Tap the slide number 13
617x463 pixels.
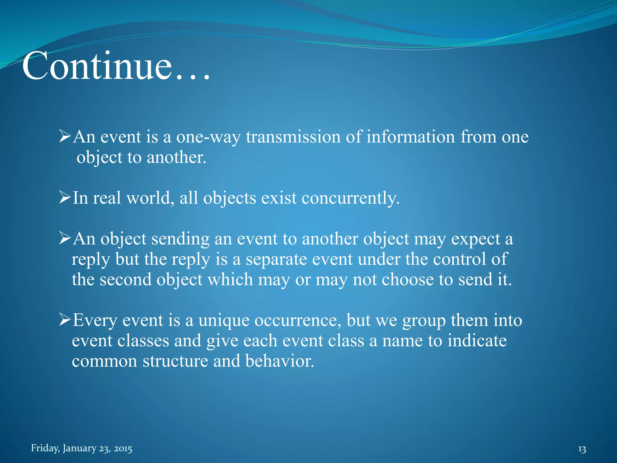coord(582,449)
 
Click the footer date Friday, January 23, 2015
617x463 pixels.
coord(81,448)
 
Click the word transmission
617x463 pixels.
coord(293,137)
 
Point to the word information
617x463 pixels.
coord(410,137)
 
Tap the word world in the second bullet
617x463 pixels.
coord(150,198)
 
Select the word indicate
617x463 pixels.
coord(477,341)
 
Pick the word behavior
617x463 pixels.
coord(280,361)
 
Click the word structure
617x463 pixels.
coord(175,361)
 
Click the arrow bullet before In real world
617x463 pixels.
coord(65,198)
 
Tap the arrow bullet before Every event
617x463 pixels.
coord(65,320)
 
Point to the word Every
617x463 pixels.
coord(95,320)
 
